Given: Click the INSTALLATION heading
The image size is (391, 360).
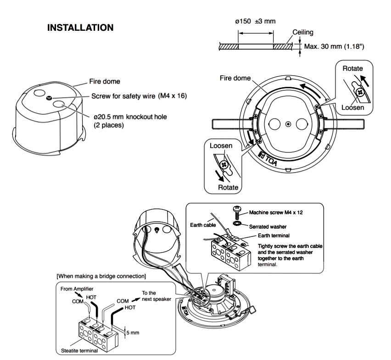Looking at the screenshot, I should pos(80,28).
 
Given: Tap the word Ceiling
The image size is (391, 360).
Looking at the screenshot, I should pos(303,33).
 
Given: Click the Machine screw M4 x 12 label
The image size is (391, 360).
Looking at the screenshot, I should pos(278,213).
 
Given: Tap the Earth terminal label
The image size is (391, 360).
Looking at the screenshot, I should pos(274,236).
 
